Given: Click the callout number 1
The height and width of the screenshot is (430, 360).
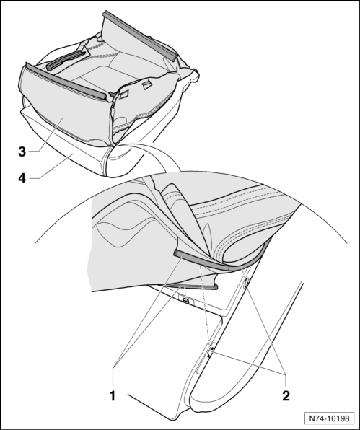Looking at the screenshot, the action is pyautogui.click(x=113, y=396).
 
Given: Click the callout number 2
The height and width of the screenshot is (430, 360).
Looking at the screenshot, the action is pyautogui.click(x=286, y=395).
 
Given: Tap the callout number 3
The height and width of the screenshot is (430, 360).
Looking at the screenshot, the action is pyautogui.click(x=22, y=152).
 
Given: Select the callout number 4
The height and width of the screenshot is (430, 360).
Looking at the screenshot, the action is pyautogui.click(x=22, y=178).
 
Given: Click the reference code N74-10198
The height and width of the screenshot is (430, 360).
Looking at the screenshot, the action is pyautogui.click(x=329, y=418).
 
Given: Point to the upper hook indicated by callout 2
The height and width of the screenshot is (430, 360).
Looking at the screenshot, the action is pyautogui.click(x=245, y=283).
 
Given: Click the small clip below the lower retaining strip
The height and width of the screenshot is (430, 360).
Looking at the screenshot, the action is pyautogui.click(x=186, y=301).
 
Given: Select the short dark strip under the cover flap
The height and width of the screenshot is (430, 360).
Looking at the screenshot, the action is pyautogui.click(x=189, y=286).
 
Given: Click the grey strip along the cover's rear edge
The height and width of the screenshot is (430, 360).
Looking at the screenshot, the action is pyautogui.click(x=139, y=35).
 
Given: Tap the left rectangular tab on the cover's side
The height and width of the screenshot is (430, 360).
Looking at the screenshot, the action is pyautogui.click(x=124, y=94).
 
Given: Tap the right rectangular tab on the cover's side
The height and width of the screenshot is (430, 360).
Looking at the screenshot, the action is pyautogui.click(x=146, y=84).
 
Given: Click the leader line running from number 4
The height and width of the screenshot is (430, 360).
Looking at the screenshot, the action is pyautogui.click(x=52, y=167).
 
